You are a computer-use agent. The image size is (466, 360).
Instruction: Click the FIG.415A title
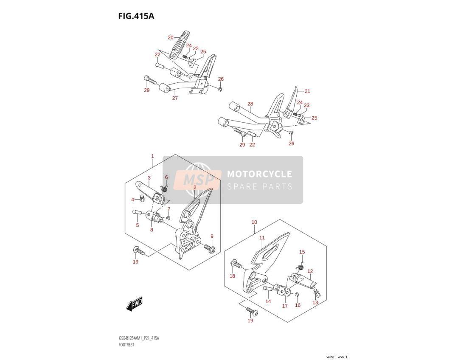click(136, 16)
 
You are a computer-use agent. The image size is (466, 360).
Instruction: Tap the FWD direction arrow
click(135, 304)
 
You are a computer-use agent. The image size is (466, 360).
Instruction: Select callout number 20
click(170, 37)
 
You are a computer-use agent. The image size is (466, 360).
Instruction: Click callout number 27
click(175, 98)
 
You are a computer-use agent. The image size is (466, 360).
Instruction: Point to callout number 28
click(250, 104)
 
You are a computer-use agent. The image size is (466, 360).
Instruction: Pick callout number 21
click(307, 91)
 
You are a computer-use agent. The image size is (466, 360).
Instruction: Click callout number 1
click(152, 156)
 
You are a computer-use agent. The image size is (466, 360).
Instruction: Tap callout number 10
click(254, 222)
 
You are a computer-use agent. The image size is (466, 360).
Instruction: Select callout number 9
click(212, 236)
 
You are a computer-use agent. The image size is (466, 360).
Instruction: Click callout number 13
click(315, 303)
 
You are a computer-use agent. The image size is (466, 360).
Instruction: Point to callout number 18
click(233, 276)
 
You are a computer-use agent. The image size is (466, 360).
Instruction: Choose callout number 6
click(166, 177)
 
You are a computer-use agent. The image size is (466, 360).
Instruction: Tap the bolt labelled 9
click(210, 247)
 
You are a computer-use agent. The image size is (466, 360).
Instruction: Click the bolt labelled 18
click(236, 264)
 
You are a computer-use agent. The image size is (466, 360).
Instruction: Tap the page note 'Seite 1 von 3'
click(336, 357)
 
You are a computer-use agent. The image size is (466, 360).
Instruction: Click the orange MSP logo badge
click(198, 180)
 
